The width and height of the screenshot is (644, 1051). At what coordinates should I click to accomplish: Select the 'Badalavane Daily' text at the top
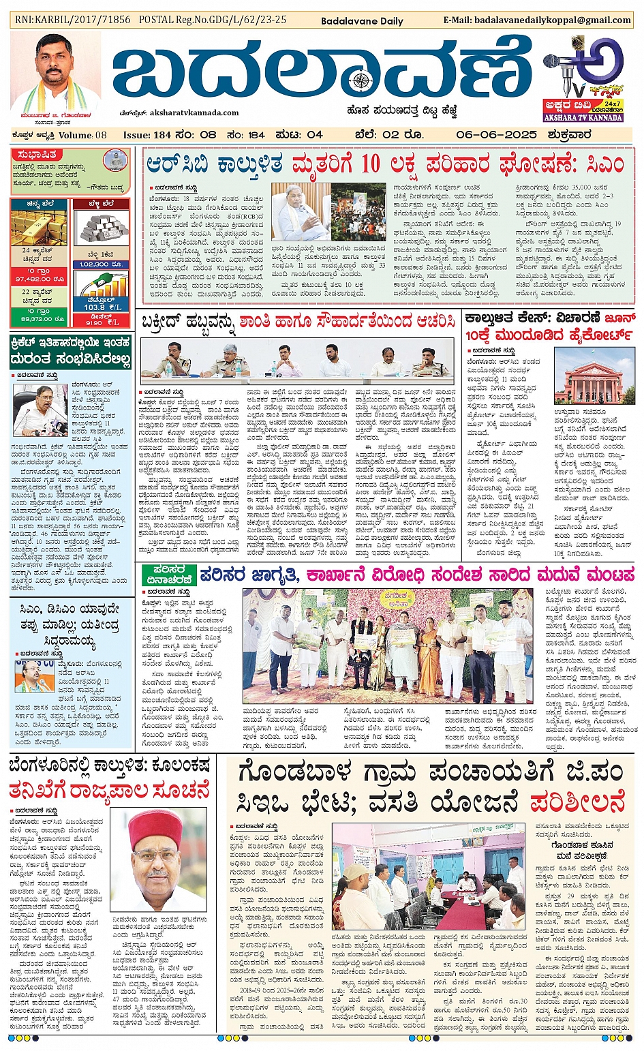(x=362, y=20)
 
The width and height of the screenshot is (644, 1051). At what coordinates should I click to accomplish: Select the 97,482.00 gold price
(x=40, y=279)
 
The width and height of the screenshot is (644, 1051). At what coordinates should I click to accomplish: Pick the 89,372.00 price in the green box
(x=40, y=318)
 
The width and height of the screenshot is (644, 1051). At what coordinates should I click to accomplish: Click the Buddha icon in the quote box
(x=114, y=162)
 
